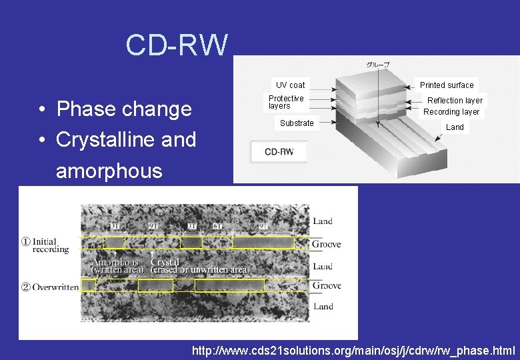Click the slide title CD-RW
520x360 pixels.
(x=177, y=45)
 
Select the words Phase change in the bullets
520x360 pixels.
(x=124, y=109)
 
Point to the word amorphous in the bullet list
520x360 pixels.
(x=109, y=171)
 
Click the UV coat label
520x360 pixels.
(x=290, y=85)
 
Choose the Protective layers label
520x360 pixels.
(x=286, y=102)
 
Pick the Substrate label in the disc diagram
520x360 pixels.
(x=297, y=123)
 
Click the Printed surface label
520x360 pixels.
(x=447, y=85)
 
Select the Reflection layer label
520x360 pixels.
(x=455, y=101)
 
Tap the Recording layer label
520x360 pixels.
(x=451, y=112)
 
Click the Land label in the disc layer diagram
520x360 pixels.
(x=455, y=127)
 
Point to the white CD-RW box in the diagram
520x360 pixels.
(x=279, y=152)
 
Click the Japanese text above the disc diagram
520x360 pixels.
(x=378, y=65)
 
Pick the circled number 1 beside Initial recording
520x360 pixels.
(x=26, y=241)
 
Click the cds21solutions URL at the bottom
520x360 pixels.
(x=353, y=350)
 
